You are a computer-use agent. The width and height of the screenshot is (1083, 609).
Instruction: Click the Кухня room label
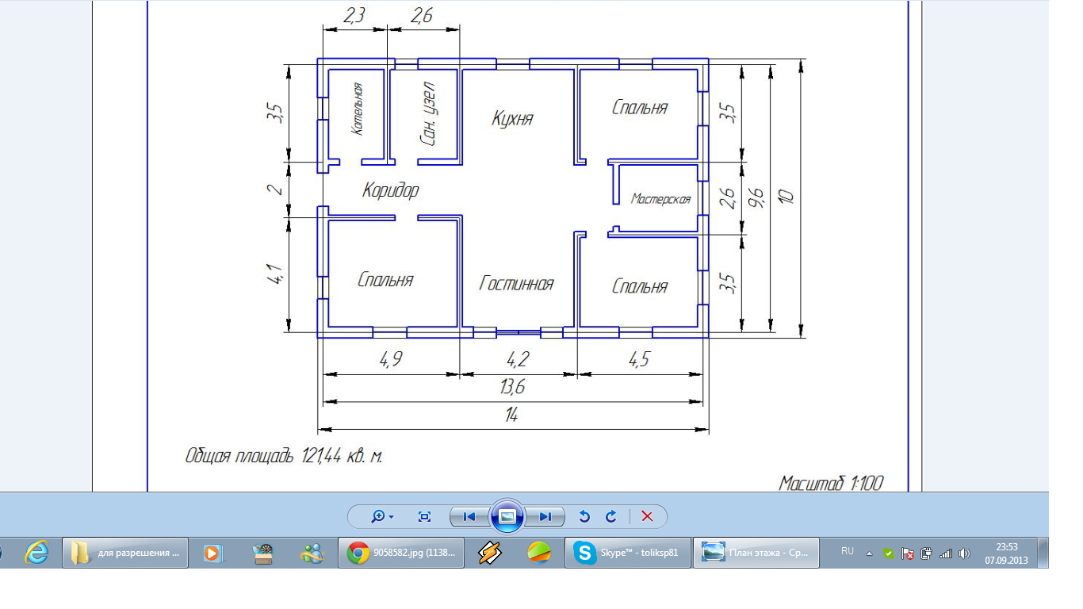coord(512,118)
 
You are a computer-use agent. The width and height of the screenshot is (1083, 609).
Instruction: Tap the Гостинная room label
coord(516,283)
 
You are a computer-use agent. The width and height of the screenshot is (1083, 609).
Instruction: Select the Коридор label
coord(391,190)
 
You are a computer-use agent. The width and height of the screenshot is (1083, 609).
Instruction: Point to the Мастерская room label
coord(661,199)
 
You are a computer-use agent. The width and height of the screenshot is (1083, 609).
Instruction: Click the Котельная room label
coord(358,109)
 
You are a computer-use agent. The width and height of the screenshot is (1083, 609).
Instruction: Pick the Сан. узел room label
coord(428,114)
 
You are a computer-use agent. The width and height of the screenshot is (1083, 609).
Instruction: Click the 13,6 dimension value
coord(512,387)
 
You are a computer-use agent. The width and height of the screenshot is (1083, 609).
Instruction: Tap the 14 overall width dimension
coord(512,415)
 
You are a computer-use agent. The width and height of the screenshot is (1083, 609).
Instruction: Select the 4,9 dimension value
coord(391,359)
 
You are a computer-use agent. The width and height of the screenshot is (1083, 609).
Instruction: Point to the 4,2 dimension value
coord(519,359)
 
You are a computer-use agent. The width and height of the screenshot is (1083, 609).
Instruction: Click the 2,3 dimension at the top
coord(354,16)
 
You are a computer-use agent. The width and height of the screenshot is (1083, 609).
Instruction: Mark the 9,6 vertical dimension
coord(756,197)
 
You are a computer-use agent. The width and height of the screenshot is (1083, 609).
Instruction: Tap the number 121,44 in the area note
coord(322,456)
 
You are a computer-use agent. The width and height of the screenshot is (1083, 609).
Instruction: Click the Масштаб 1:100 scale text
coord(831,483)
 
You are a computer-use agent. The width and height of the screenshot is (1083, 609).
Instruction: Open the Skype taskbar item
coord(628,553)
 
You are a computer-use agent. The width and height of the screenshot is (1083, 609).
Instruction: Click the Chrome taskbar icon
coord(358,553)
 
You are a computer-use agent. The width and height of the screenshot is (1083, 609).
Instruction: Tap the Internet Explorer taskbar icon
coord(36,553)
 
